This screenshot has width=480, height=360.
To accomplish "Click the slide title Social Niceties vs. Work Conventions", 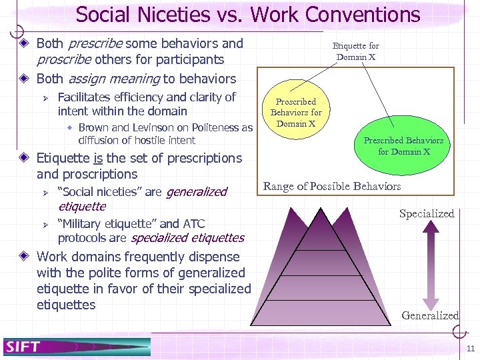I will (x=248, y=14).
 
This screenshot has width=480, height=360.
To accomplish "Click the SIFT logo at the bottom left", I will (x=23, y=346).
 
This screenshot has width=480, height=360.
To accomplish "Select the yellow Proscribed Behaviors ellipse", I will (x=296, y=113).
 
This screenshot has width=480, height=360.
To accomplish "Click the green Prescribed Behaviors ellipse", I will (x=403, y=146).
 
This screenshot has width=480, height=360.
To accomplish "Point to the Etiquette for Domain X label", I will (x=355, y=51).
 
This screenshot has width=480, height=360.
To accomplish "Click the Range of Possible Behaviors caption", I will (x=332, y=186).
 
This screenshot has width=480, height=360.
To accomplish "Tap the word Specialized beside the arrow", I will (x=426, y=213).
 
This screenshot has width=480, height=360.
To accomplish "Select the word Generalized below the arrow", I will (x=430, y=315).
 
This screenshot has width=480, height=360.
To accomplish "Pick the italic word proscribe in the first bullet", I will (x=61, y=60).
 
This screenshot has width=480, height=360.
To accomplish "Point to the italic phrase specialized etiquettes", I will (x=188, y=237).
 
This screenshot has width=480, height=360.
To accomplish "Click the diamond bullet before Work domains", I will (x=25, y=257).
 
